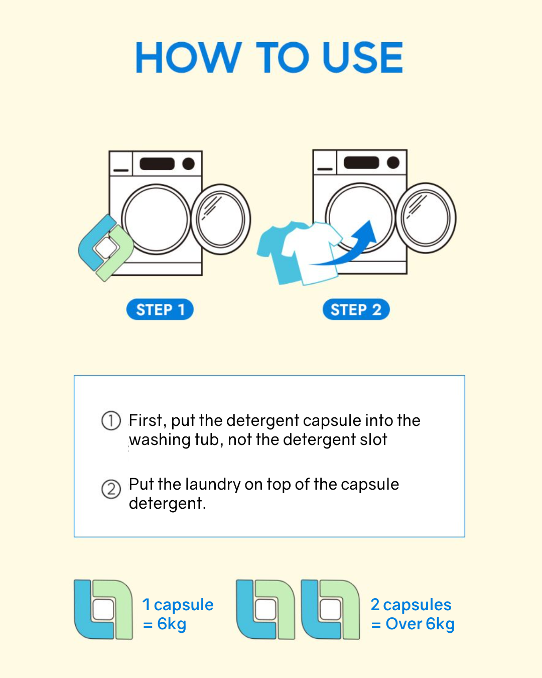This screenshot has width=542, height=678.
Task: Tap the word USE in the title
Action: (x=362, y=58)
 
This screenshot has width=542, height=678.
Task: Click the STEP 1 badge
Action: (x=160, y=309)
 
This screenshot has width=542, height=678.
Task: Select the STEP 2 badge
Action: (x=356, y=309)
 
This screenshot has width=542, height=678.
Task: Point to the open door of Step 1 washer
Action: (x=221, y=219)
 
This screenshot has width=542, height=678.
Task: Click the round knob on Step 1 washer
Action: (x=188, y=164)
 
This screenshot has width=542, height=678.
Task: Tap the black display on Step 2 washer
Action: (x=361, y=163)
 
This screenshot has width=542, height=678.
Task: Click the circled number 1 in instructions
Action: (x=111, y=420)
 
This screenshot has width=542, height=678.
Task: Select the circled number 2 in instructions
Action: (x=111, y=489)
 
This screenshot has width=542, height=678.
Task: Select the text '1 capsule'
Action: (x=178, y=605)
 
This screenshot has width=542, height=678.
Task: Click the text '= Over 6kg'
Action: (x=413, y=624)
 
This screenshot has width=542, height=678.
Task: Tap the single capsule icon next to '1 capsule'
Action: (x=103, y=609)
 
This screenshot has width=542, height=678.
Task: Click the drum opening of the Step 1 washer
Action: (x=156, y=220)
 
